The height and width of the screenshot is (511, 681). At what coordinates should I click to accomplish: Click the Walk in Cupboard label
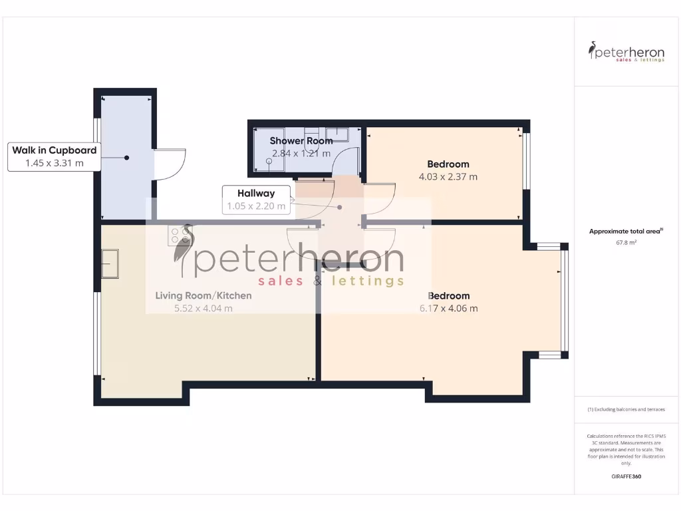coord(54,150)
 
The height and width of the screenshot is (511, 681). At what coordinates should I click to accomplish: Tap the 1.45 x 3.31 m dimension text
coord(54,163)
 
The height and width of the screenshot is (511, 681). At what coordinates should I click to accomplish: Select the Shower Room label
coord(301,141)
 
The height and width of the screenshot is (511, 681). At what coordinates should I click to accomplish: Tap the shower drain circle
coord(269,162)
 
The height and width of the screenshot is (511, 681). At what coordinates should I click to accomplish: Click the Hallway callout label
coord(256,194)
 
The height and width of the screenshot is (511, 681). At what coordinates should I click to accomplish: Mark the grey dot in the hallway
coord(340,207)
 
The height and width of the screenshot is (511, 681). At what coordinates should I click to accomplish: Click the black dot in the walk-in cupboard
coord(126,158)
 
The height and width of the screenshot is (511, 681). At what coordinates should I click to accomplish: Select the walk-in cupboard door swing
coord(170,164)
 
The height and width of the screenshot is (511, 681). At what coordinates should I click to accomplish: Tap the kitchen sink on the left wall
coord(110,263)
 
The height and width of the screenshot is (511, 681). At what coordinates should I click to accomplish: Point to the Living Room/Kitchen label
coord(204,295)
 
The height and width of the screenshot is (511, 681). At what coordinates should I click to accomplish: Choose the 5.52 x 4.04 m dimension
coord(204,308)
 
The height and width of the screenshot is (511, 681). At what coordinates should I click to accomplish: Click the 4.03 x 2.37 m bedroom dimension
coord(448,177)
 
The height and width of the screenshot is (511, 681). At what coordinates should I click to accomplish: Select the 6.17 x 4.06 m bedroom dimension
coord(448,308)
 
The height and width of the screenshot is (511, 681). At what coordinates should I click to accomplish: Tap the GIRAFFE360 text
coord(626,476)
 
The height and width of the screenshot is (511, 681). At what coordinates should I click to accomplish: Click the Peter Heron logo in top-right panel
coord(626,51)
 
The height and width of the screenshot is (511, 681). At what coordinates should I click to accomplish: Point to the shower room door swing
coord(346,164)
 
